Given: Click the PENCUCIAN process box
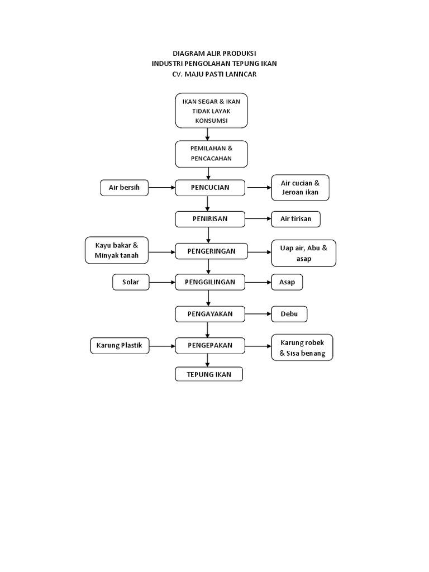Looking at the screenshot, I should (x=210, y=188).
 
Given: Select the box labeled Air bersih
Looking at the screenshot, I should (x=125, y=188).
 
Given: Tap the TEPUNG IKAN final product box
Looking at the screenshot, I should (x=209, y=374).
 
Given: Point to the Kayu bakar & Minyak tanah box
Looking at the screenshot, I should (x=117, y=251).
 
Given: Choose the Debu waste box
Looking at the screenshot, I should (x=289, y=314).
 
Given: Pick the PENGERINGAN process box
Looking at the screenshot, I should (x=211, y=251).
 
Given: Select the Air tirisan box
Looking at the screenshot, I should (x=295, y=219).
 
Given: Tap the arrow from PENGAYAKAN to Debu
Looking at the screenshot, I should (x=258, y=314).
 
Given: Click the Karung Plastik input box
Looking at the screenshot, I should (x=118, y=346).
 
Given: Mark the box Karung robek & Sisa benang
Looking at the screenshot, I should (x=302, y=347).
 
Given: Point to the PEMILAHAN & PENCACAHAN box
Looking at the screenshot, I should (x=211, y=154).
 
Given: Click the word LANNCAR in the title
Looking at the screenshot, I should (x=238, y=74).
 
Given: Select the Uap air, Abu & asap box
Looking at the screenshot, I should (x=303, y=253).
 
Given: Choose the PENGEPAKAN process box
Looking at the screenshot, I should (x=211, y=346).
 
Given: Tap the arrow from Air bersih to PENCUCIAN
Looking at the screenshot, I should (x=162, y=188).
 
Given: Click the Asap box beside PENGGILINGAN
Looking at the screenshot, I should (x=287, y=283).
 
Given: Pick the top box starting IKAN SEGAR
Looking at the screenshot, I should (x=211, y=111).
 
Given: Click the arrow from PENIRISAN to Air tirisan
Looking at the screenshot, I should (x=258, y=219).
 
